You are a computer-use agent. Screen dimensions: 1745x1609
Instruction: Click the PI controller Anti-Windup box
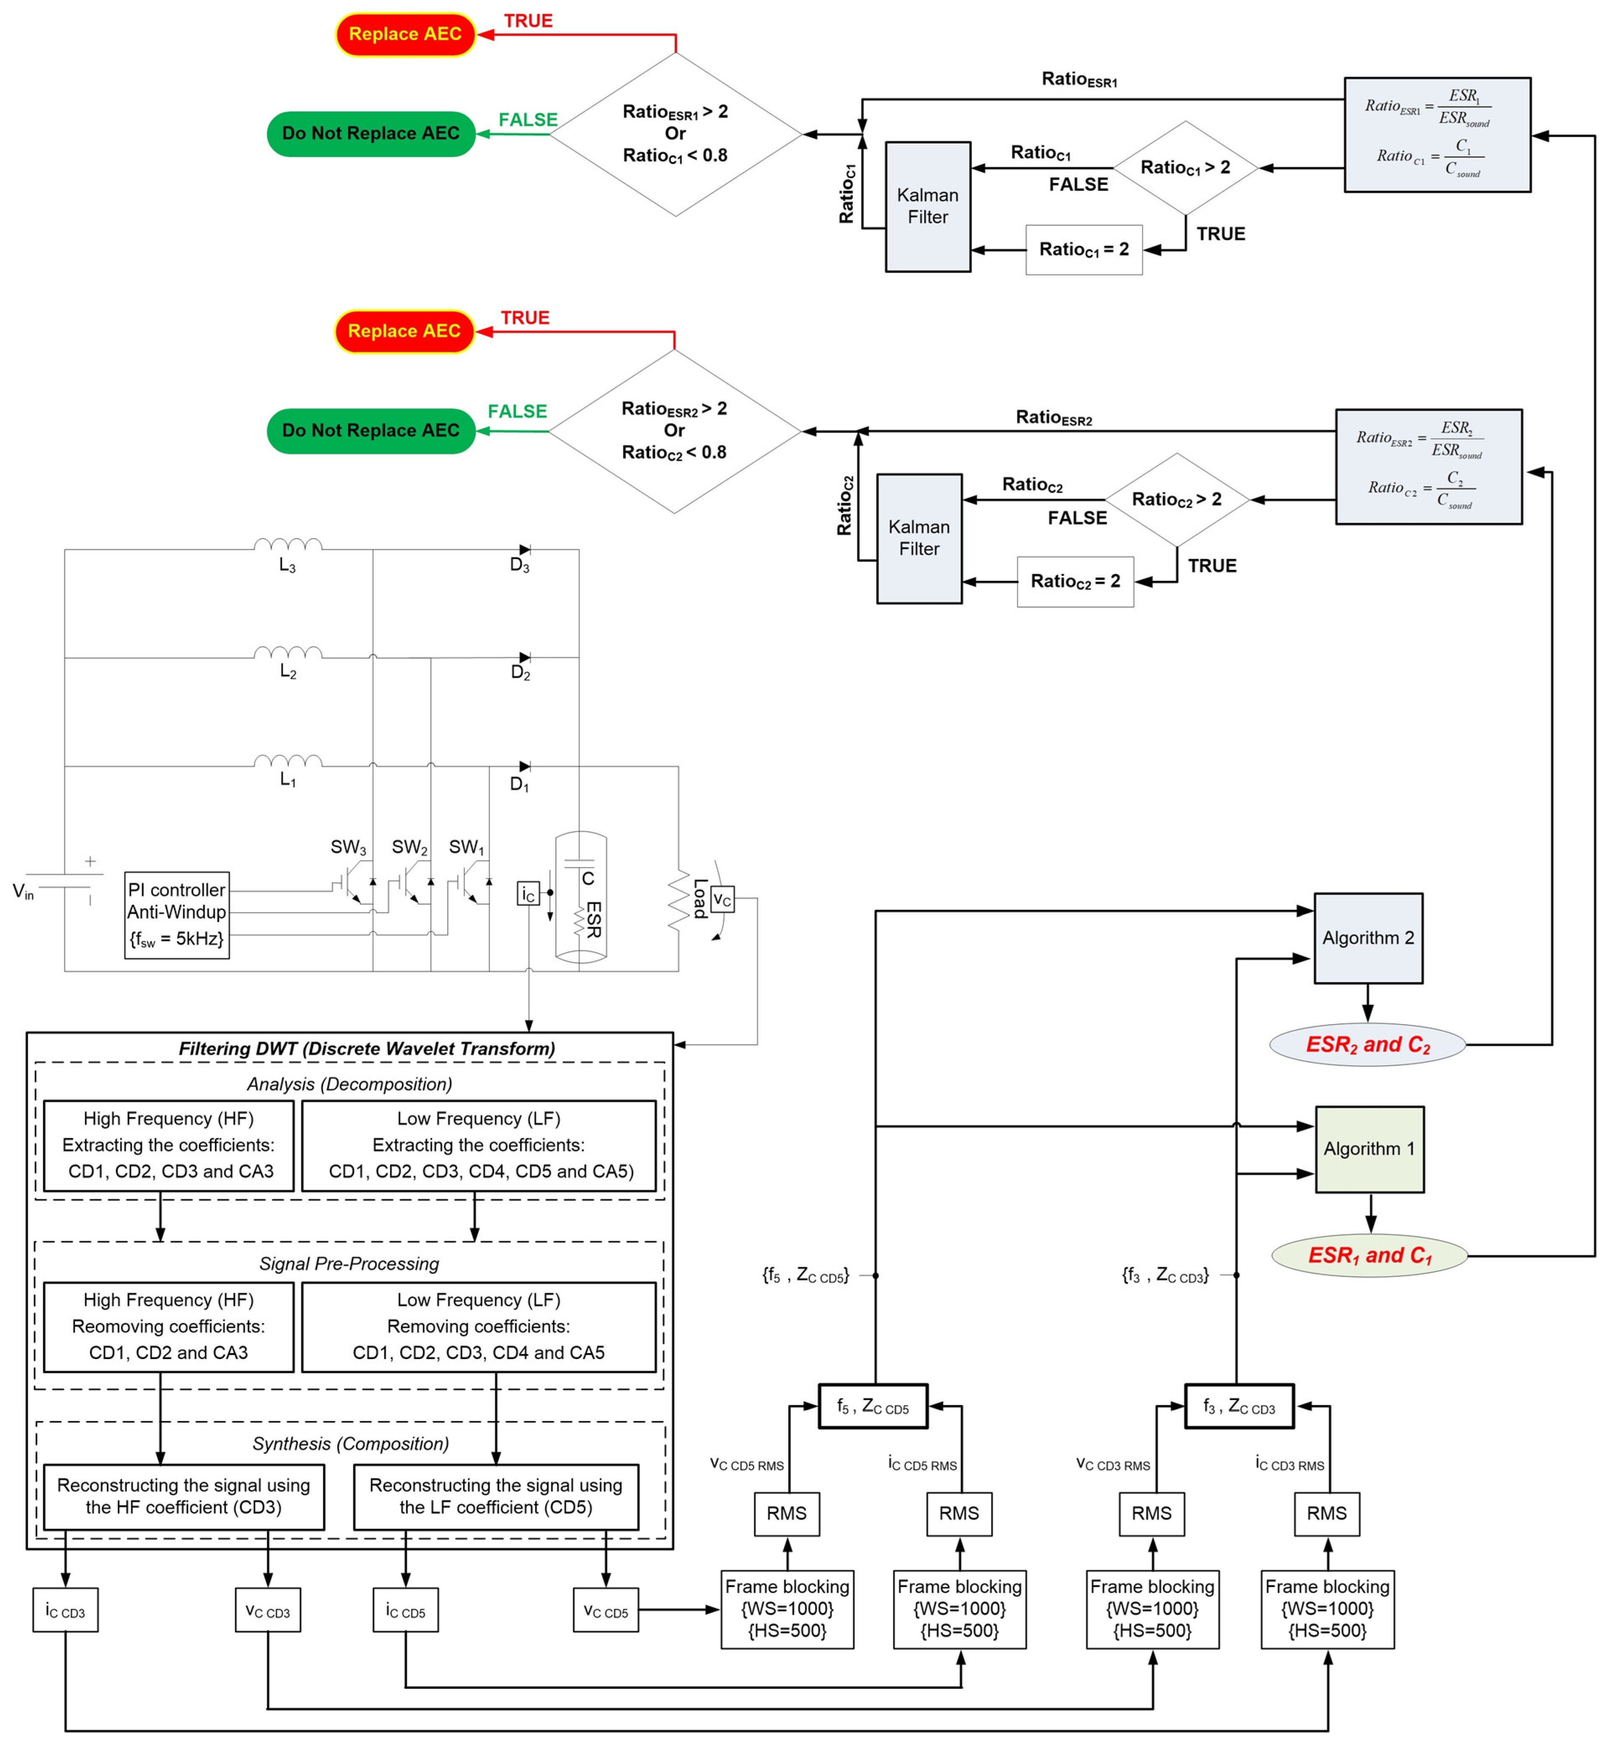[177, 914]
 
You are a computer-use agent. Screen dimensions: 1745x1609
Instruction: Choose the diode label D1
[519, 784]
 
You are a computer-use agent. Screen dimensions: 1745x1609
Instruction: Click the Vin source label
[23, 891]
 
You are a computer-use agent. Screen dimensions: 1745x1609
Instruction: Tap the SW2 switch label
[409, 847]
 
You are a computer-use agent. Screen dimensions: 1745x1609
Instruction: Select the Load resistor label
[699, 898]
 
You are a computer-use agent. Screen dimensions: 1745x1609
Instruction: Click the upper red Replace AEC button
[405, 34]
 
